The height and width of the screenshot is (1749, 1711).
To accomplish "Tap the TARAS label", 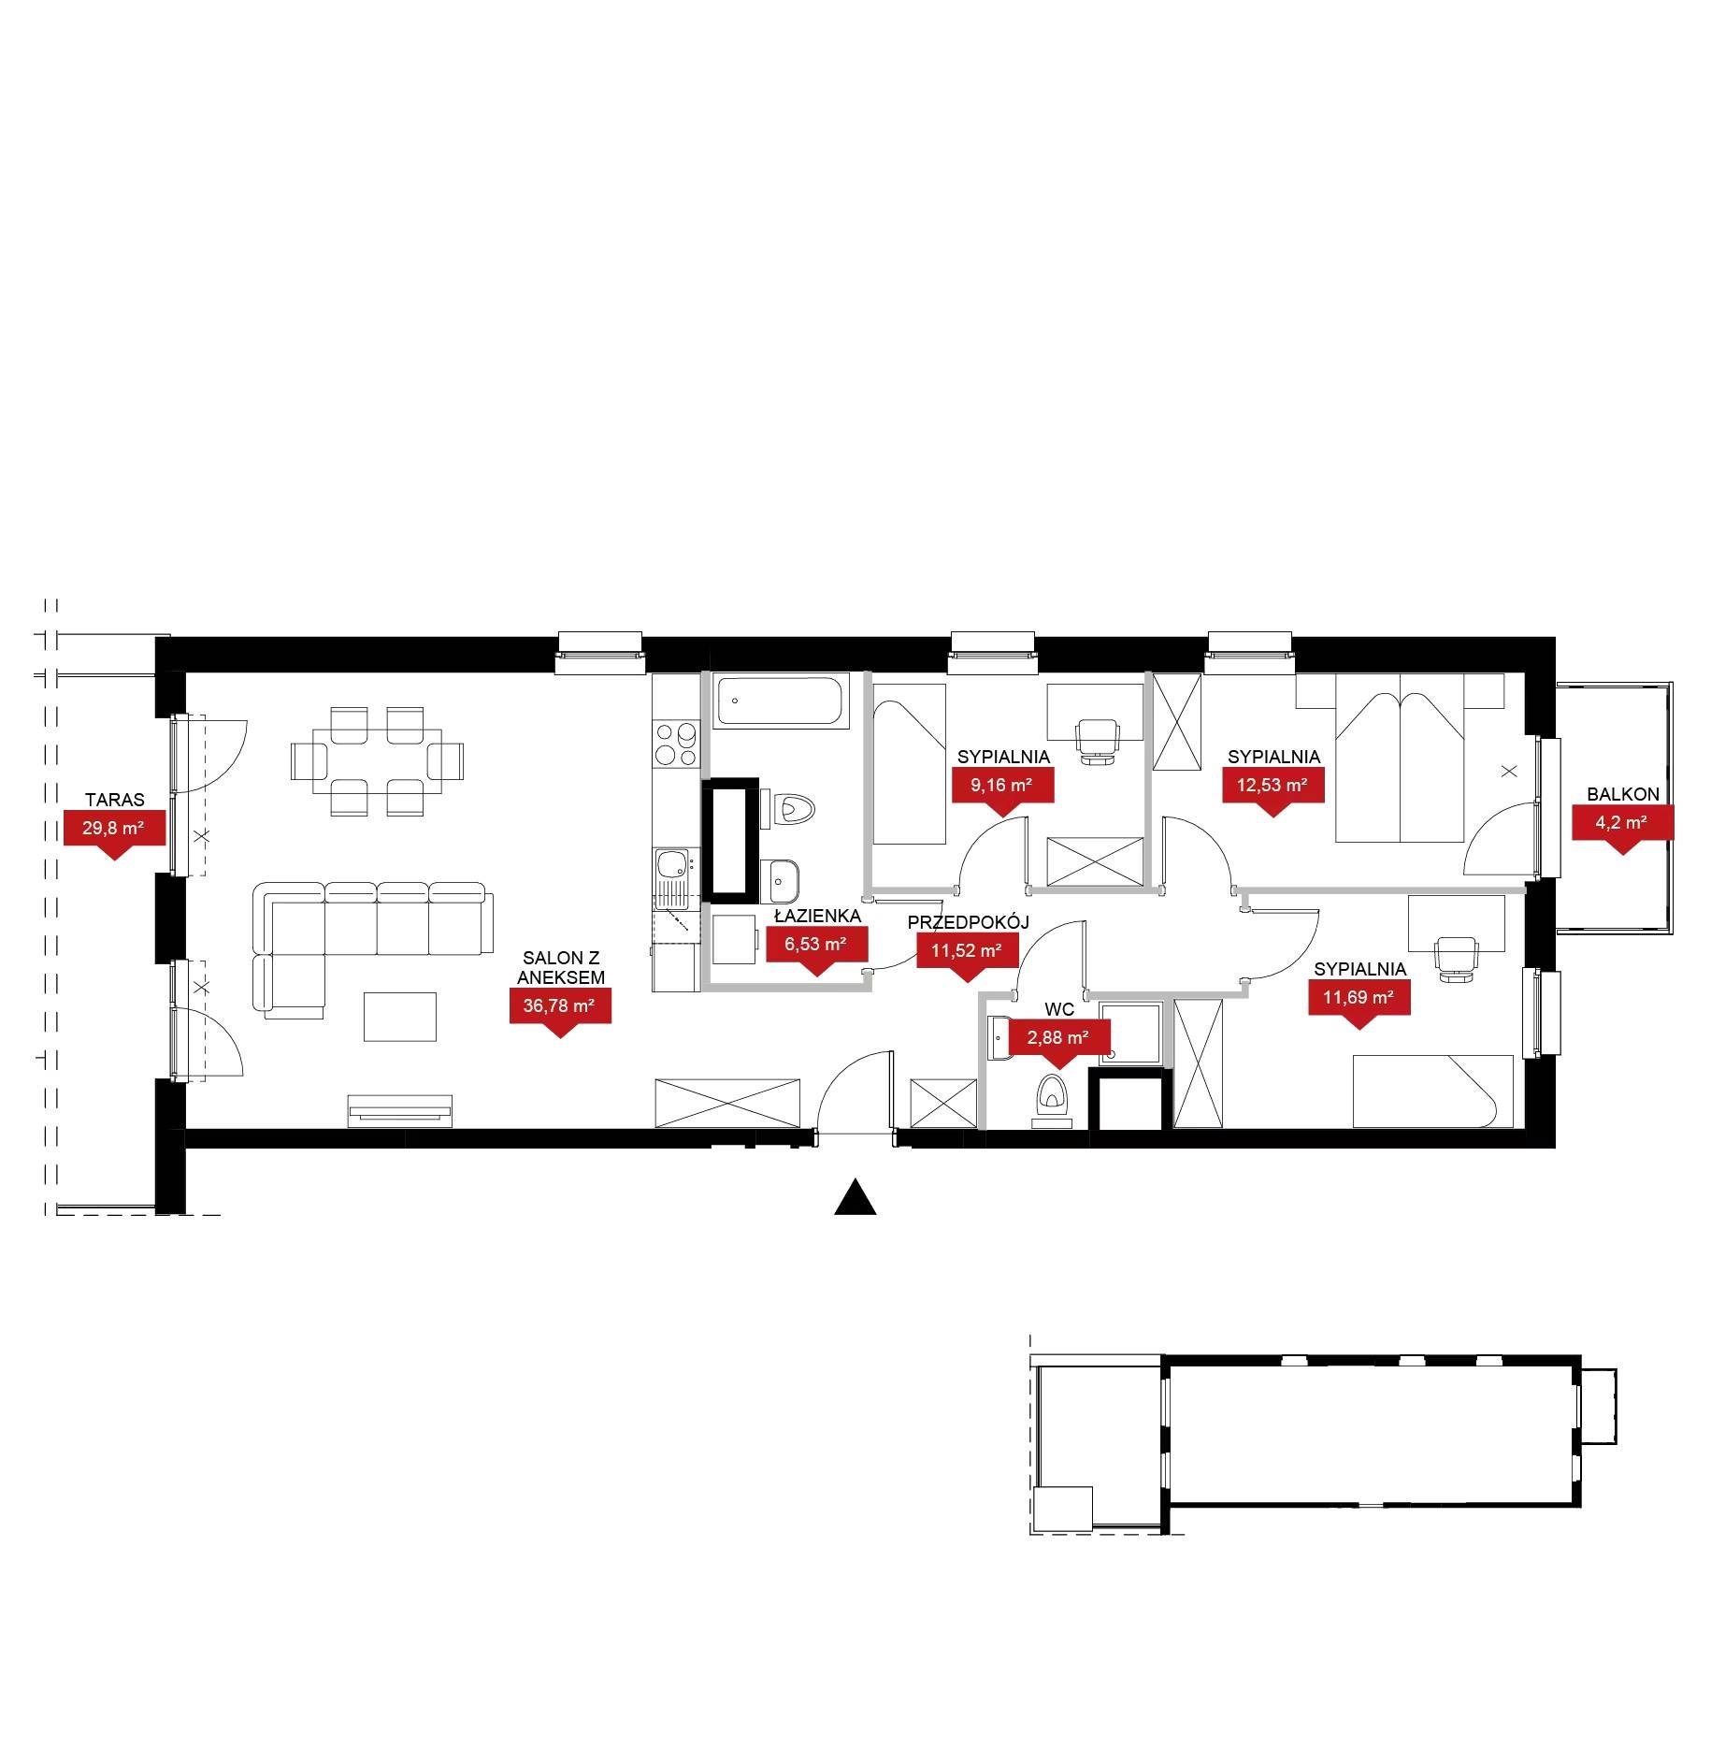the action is [x=115, y=800].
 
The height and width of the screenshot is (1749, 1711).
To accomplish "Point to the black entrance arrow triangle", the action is [x=855, y=1197].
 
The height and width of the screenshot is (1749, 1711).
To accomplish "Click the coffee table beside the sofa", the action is [x=400, y=1016].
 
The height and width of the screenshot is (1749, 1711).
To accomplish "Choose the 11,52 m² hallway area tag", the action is [x=966, y=958].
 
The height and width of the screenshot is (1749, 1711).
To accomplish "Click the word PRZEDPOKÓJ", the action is [x=969, y=922].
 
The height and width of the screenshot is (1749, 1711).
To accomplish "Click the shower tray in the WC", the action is [x=1130, y=1033].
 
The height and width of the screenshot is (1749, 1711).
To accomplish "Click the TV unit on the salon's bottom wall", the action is [x=400, y=1110].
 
